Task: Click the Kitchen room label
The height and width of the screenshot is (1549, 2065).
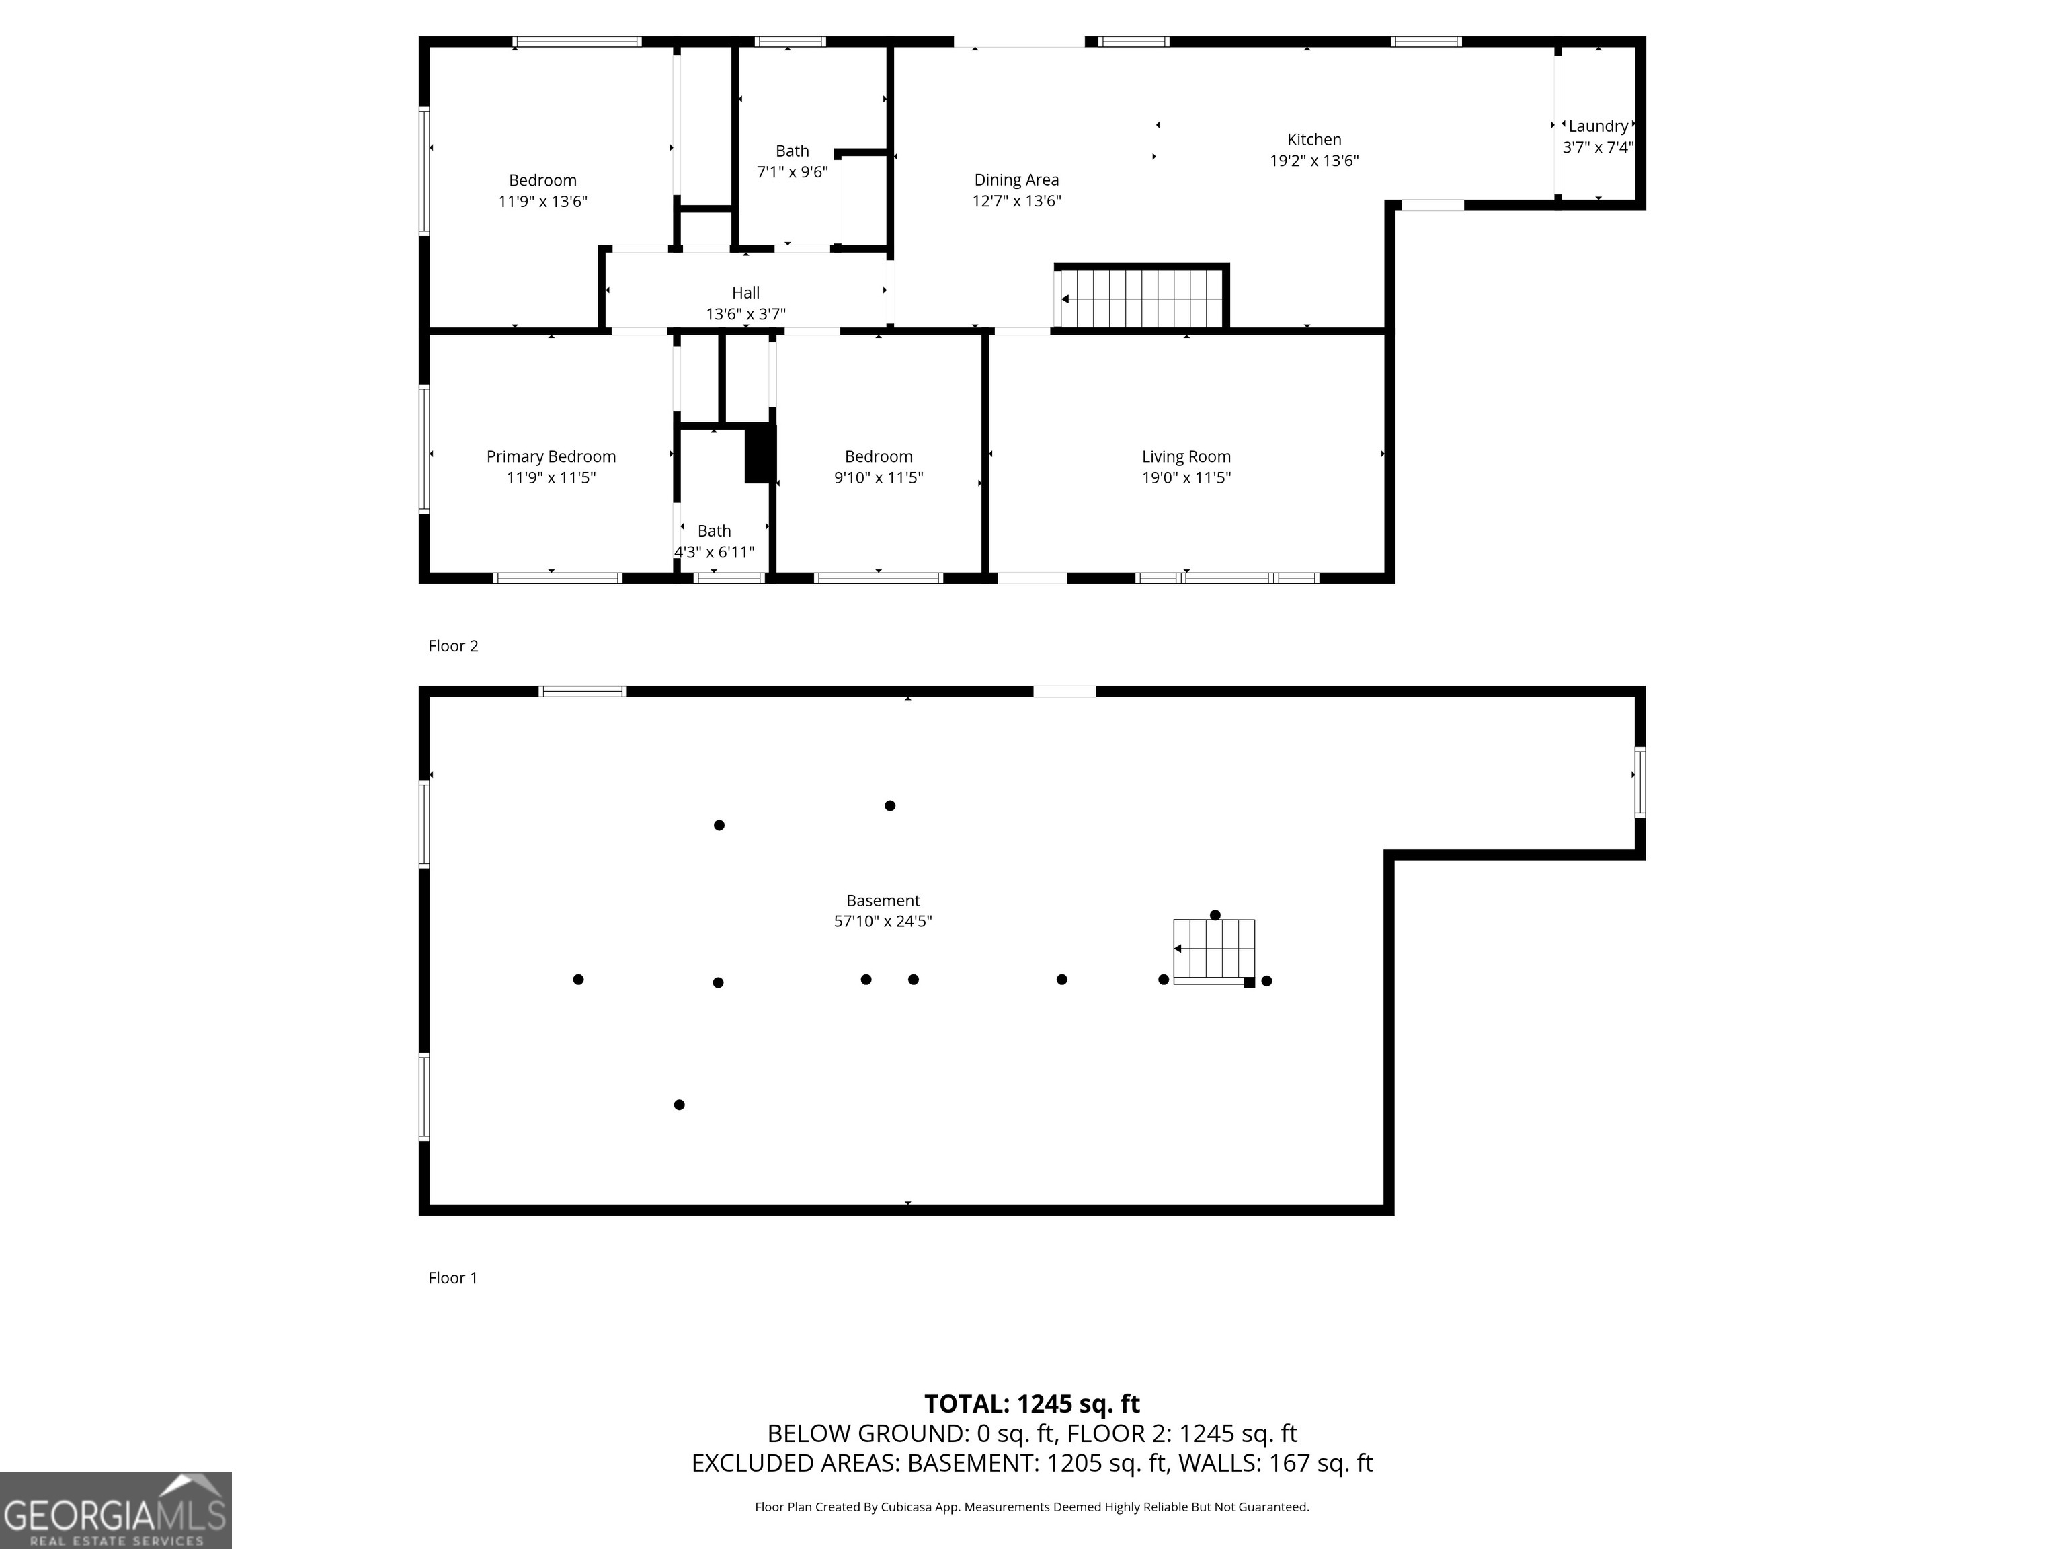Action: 1313,140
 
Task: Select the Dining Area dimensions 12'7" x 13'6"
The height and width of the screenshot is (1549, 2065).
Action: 1016,201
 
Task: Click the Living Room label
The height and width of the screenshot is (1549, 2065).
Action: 1186,456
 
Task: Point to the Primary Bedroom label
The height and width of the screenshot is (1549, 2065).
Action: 551,456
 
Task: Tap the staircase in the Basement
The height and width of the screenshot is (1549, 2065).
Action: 1213,949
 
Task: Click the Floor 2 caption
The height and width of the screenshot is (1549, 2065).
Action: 453,646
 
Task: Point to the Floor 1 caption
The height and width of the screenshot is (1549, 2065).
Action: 453,1278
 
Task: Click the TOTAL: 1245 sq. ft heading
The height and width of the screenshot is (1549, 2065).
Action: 1032,1404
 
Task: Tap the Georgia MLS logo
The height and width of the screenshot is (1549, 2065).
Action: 116,1510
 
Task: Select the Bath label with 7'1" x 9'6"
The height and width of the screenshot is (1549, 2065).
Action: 792,151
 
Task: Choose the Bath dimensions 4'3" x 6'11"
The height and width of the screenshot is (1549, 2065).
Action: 714,552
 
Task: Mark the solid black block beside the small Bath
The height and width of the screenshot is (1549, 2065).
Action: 760,454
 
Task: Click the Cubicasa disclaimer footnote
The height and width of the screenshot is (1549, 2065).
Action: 1032,1507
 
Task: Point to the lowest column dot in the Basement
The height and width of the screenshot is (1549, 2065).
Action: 679,1105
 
